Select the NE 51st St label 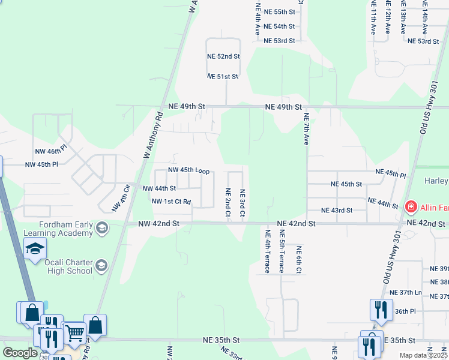tap(223, 77)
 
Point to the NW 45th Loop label tap(188, 171)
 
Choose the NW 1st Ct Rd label tap(171, 202)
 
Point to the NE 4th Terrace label tap(267, 250)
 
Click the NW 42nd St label tap(158, 223)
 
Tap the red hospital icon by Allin tap(411, 208)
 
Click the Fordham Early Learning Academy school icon tap(102, 227)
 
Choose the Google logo tap(20, 353)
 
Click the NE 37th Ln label tap(406, 292)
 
